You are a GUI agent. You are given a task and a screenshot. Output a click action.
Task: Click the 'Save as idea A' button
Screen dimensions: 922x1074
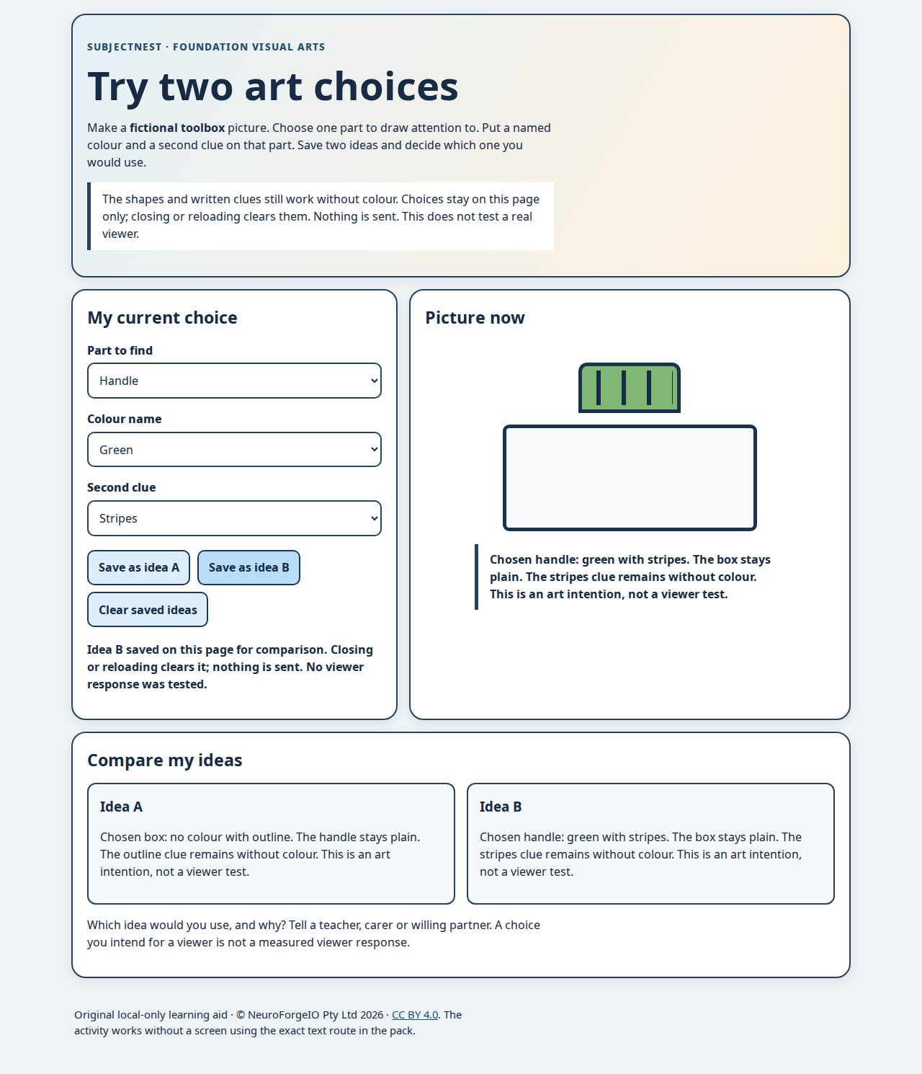[x=138, y=567]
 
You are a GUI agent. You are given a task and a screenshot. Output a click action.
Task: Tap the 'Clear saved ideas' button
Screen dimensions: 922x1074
[x=148, y=610]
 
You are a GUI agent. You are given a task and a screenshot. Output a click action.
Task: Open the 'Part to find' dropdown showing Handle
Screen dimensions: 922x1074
[x=234, y=381]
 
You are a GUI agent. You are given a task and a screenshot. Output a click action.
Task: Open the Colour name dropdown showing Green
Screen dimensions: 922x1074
[x=234, y=450]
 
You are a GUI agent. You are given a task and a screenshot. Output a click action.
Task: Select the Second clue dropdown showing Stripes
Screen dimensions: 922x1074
[x=234, y=518]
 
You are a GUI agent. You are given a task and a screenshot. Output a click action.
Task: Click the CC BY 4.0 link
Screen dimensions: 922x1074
[x=415, y=1015]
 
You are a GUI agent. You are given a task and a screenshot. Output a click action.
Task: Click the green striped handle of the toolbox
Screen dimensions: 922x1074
[x=630, y=388]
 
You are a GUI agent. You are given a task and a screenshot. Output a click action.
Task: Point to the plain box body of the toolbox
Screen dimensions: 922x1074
[x=630, y=478]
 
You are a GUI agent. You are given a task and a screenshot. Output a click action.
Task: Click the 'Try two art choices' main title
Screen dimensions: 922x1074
[x=272, y=86]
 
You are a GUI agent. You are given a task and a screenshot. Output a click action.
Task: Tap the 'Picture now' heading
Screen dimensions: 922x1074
[x=475, y=317]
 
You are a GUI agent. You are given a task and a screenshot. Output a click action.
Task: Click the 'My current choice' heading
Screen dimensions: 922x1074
[x=162, y=317]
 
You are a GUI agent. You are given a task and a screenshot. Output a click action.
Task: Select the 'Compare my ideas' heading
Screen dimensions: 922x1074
[x=164, y=760]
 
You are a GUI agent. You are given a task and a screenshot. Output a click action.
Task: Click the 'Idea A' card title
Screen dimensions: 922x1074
[x=121, y=807]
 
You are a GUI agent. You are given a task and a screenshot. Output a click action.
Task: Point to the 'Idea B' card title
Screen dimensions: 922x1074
[x=501, y=807]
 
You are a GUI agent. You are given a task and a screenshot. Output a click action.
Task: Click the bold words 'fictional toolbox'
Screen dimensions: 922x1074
[x=177, y=128]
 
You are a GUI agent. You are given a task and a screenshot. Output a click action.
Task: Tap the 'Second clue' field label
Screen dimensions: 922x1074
[x=122, y=487]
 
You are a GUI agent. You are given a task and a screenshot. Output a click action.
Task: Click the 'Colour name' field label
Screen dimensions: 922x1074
[x=124, y=419]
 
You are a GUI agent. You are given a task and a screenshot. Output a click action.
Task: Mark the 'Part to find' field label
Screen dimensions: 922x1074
[x=120, y=350]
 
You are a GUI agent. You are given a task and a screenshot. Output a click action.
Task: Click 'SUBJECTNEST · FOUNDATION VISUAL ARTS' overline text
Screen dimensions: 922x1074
[x=206, y=47]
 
